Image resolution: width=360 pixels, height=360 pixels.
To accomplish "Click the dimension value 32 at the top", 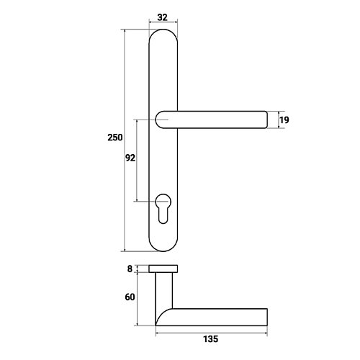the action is pyautogui.click(x=162, y=17).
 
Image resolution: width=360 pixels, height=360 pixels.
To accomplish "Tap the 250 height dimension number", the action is pyautogui.click(x=115, y=138).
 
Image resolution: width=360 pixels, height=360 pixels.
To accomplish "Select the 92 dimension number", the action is pyautogui.click(x=130, y=158).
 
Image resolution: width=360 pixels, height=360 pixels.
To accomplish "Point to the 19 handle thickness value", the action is pyautogui.click(x=284, y=120).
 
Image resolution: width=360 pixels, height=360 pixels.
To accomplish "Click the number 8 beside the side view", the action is pyautogui.click(x=130, y=269).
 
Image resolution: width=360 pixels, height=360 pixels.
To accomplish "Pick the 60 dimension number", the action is pyautogui.click(x=130, y=297).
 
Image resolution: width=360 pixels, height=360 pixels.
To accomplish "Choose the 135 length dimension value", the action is pyautogui.click(x=211, y=339).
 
